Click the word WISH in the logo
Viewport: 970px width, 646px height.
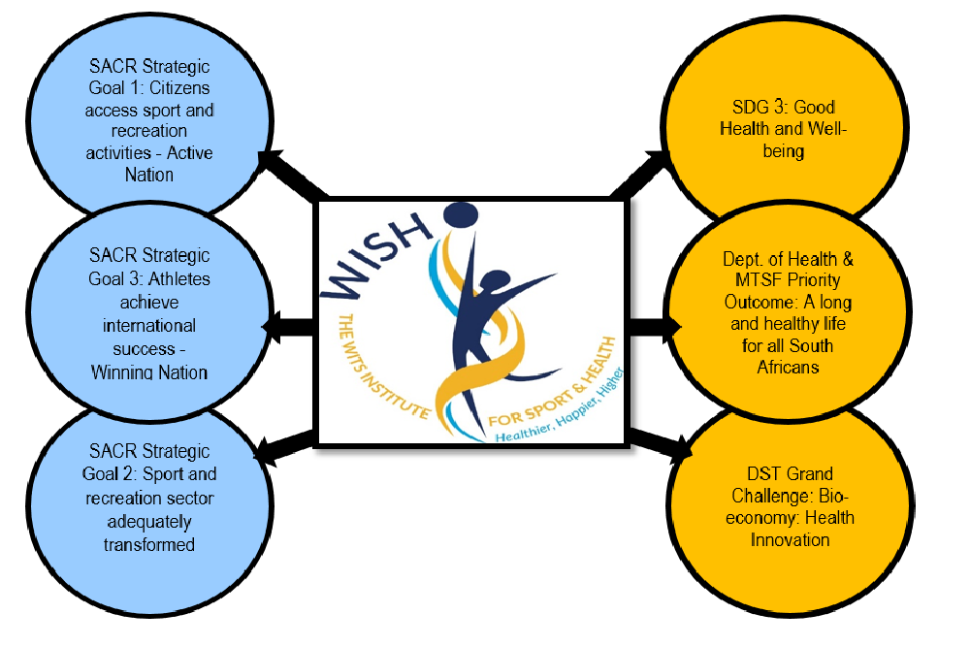tap(375, 255)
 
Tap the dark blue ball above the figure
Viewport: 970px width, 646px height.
tap(461, 215)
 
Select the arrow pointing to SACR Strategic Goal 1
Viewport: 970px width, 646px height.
tap(293, 176)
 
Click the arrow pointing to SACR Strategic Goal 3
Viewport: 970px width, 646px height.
tap(288, 326)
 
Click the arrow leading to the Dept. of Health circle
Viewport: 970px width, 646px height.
tap(655, 327)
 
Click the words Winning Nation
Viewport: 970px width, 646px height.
tap(149, 372)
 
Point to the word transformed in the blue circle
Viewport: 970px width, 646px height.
tap(149, 544)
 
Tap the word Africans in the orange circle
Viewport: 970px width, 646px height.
tap(788, 368)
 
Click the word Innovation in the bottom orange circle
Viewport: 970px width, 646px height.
tap(790, 540)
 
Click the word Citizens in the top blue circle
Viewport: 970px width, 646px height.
tap(179, 88)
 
